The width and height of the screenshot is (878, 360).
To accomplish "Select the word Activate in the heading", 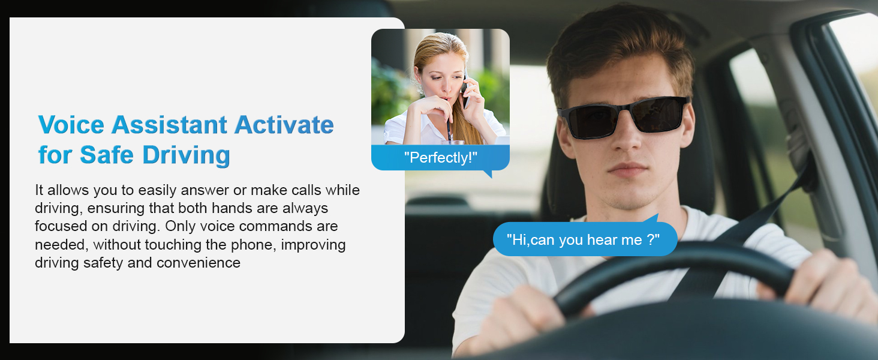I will pos(284,125).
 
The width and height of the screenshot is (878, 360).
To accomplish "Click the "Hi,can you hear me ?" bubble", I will pos(583,240).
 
